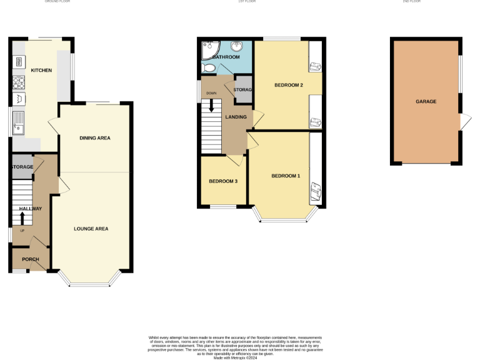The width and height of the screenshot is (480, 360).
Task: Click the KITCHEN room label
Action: pyautogui.click(x=41, y=70)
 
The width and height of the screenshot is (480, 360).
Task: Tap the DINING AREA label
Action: pyautogui.click(x=94, y=137)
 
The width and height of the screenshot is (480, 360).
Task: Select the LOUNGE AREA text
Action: pyautogui.click(x=91, y=229)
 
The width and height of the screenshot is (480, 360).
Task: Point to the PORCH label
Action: pyautogui.click(x=30, y=259)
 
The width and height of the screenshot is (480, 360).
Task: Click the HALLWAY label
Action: pyautogui.click(x=30, y=208)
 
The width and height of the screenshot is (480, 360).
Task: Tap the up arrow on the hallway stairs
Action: pyautogui.click(x=22, y=218)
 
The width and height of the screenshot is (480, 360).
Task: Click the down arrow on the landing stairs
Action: pyautogui.click(x=211, y=106)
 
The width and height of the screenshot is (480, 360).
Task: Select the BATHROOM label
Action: pyautogui.click(x=226, y=57)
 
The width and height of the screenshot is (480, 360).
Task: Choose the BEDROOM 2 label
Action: pyautogui.click(x=289, y=85)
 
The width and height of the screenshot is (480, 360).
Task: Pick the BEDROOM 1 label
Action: pyautogui.click(x=286, y=176)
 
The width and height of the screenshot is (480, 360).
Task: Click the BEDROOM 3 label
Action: pyautogui.click(x=223, y=181)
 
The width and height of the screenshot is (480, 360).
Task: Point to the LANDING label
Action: pyautogui.click(x=236, y=117)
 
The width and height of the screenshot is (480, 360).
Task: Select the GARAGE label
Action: pyautogui.click(x=426, y=101)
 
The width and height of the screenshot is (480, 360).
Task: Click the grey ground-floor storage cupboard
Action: pyautogui.click(x=22, y=167)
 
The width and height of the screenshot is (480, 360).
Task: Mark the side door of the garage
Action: pyautogui.click(x=464, y=122)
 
